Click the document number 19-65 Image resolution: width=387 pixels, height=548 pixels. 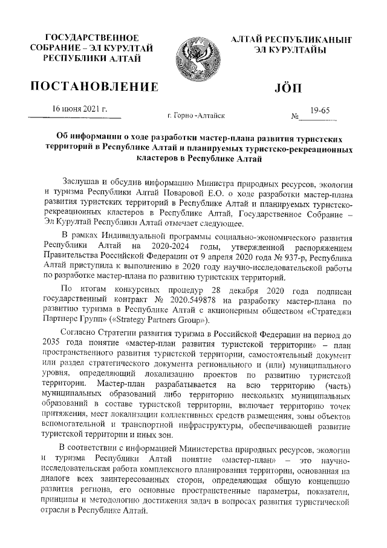320,110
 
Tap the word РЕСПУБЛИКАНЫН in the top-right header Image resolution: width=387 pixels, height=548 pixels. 291,38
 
